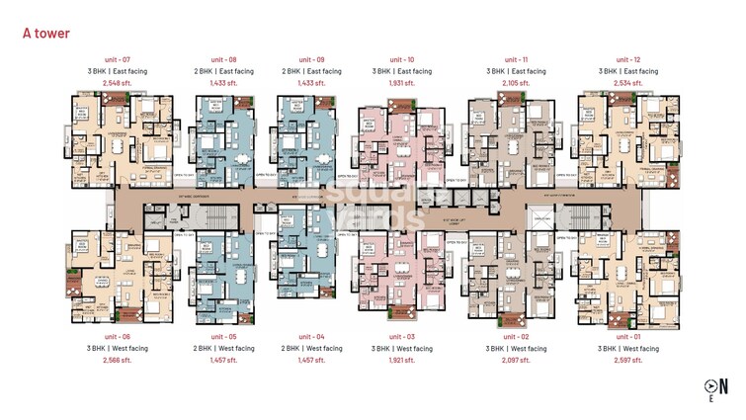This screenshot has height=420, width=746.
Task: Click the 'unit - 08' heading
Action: [x=223, y=60]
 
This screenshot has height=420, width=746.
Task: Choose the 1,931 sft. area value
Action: [x=402, y=83]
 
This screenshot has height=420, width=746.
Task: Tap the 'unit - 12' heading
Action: [x=629, y=60]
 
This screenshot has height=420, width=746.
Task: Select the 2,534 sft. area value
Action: [x=629, y=83]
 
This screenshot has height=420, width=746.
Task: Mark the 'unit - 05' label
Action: [x=223, y=337]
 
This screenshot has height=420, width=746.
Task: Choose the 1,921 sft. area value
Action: [x=402, y=361]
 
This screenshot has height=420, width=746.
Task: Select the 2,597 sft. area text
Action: [x=629, y=361]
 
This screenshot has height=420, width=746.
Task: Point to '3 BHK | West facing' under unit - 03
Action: [x=402, y=349]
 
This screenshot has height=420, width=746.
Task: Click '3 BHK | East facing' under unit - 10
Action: [x=402, y=71]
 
